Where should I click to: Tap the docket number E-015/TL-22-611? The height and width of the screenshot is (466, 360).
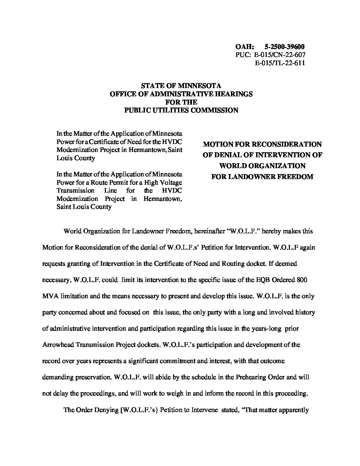click(280, 63)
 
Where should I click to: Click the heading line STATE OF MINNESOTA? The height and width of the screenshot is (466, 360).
click(181, 86)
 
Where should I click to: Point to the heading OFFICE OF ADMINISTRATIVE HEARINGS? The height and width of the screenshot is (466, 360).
click(181, 94)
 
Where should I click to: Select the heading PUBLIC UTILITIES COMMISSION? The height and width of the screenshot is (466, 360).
click(181, 110)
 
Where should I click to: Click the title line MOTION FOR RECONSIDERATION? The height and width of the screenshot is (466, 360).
click(262, 144)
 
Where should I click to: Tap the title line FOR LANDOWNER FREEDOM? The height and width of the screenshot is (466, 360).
click(262, 176)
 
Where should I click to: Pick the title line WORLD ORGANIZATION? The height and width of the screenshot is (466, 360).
click(262, 165)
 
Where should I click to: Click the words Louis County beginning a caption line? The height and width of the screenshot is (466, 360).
click(76, 158)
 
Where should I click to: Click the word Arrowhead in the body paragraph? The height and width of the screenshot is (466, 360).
click(57, 345)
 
